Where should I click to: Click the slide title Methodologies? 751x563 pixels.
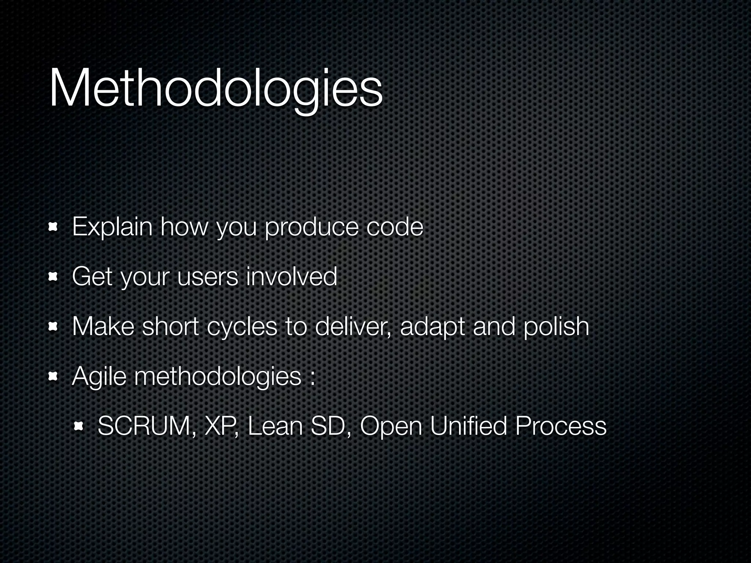(216, 89)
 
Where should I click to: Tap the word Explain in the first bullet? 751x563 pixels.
(112, 227)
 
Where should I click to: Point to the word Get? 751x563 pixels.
(92, 277)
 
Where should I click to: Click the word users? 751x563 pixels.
(208, 277)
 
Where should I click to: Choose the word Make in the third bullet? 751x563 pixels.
(103, 327)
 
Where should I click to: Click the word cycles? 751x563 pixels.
(242, 327)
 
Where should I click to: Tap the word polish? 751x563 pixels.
(556, 327)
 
